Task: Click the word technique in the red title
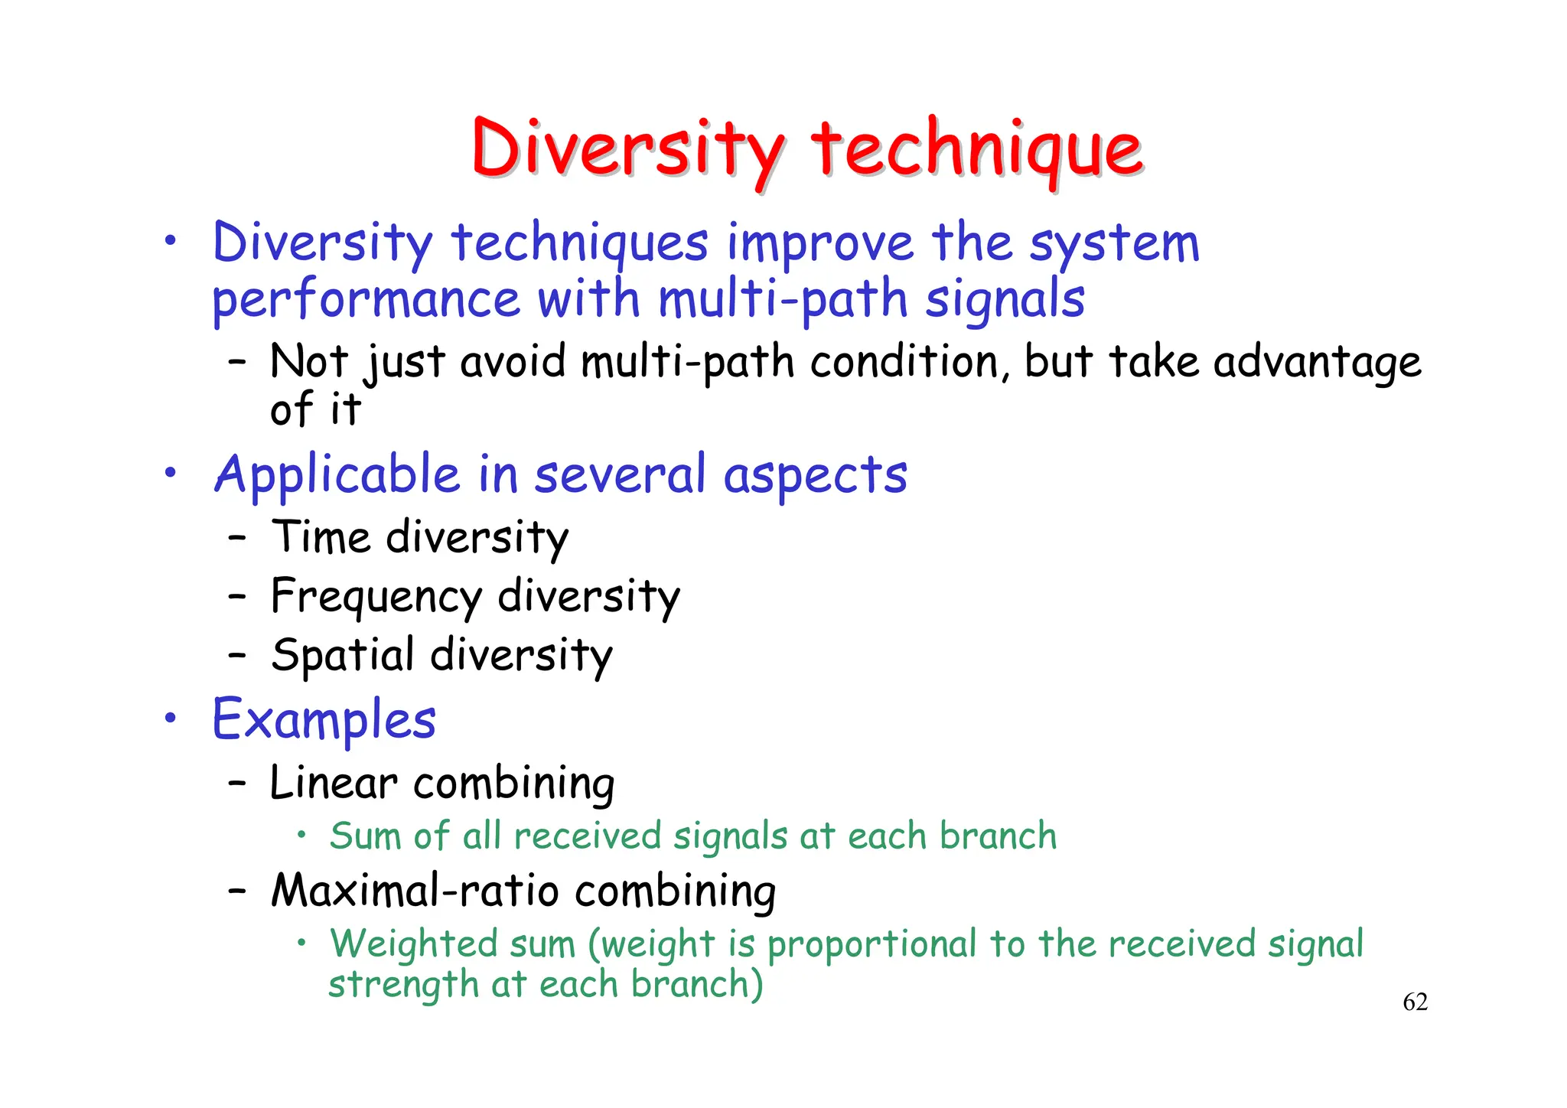click(x=976, y=149)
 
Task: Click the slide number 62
click(x=1415, y=1002)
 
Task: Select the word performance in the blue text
click(x=366, y=300)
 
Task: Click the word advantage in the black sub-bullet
click(x=1317, y=363)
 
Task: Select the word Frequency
click(x=376, y=598)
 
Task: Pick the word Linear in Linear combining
click(x=334, y=784)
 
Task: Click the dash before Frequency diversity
click(x=237, y=596)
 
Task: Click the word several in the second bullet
click(x=619, y=474)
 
